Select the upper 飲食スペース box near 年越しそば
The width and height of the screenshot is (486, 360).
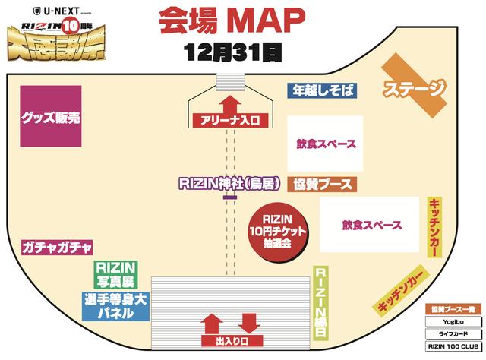tap(322, 143)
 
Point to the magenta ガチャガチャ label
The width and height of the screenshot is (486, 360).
tap(58, 248)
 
